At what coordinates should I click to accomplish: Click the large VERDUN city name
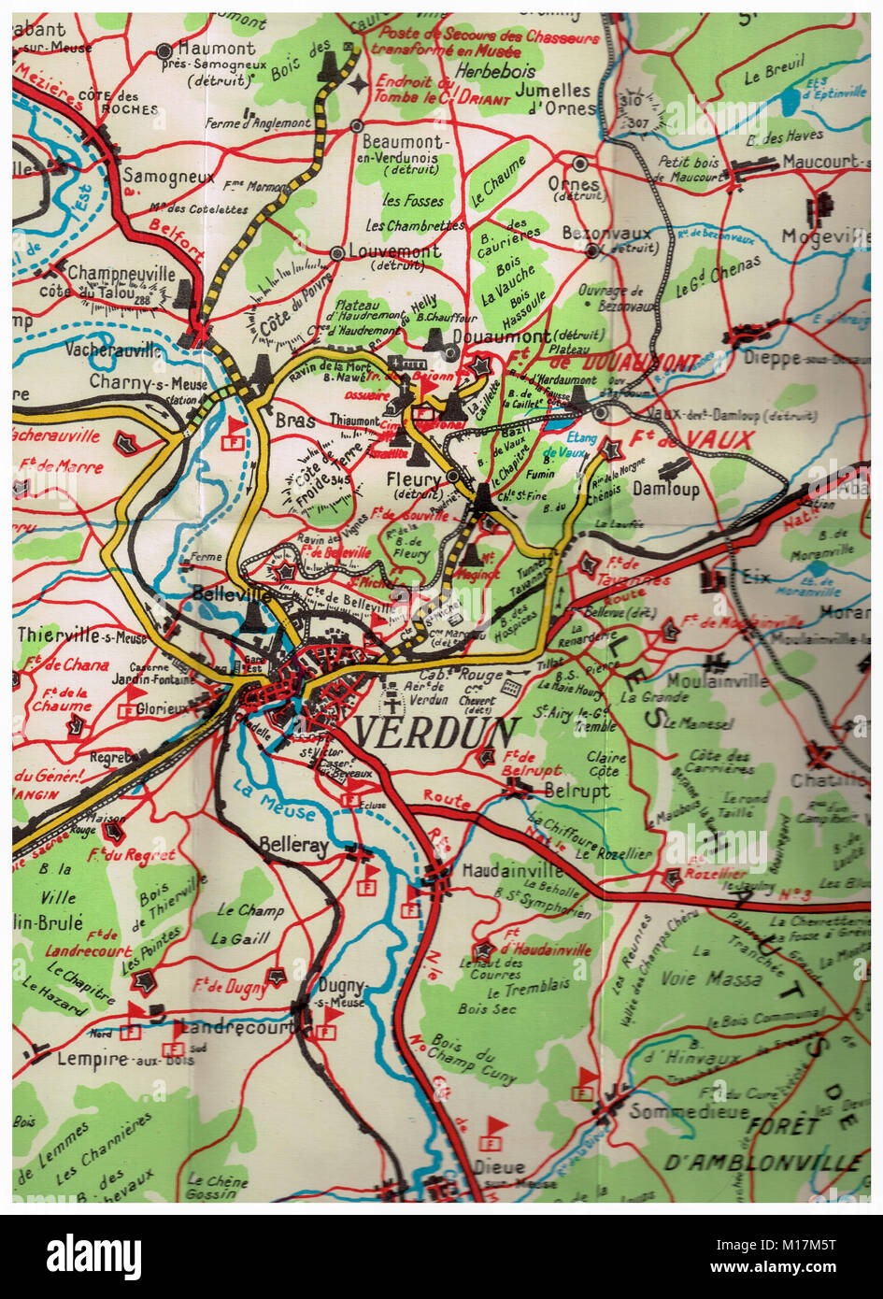(436, 733)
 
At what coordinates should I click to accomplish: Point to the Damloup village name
(665, 489)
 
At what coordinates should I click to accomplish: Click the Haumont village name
(217, 49)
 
